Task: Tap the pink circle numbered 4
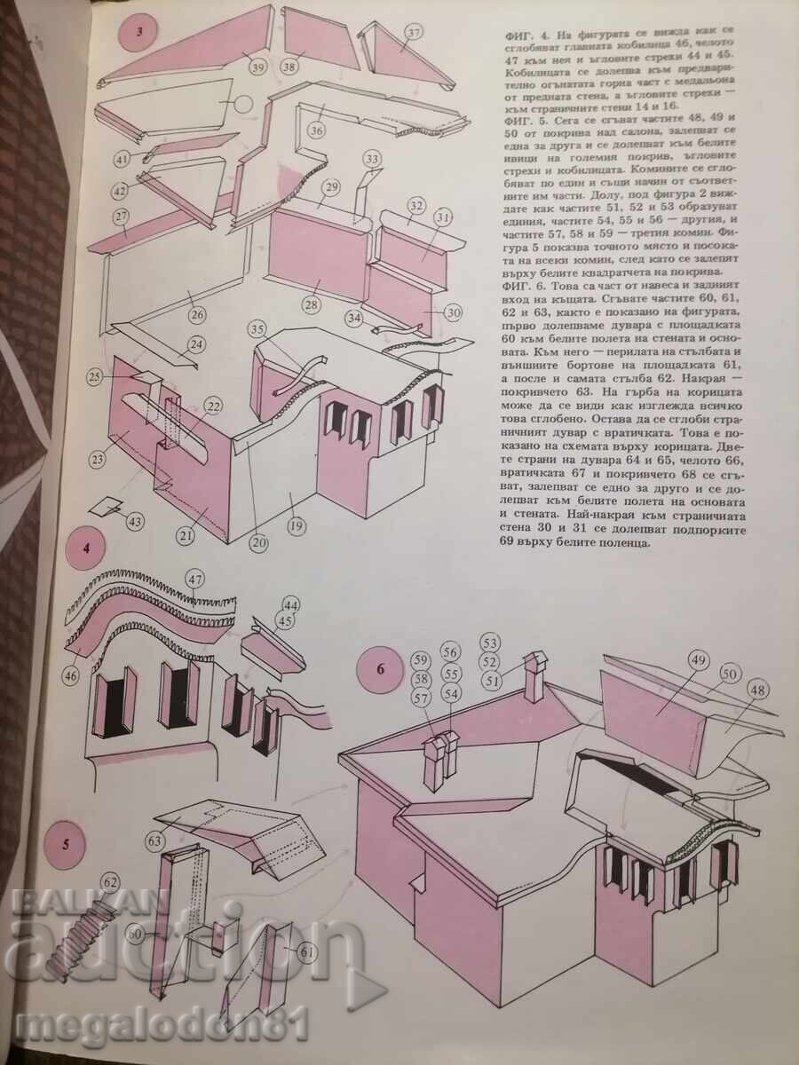click(x=86, y=547)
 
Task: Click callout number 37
click(x=414, y=35)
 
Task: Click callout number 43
click(x=136, y=522)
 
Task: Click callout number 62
click(x=109, y=882)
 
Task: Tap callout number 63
click(x=156, y=838)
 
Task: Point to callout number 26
click(x=196, y=313)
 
